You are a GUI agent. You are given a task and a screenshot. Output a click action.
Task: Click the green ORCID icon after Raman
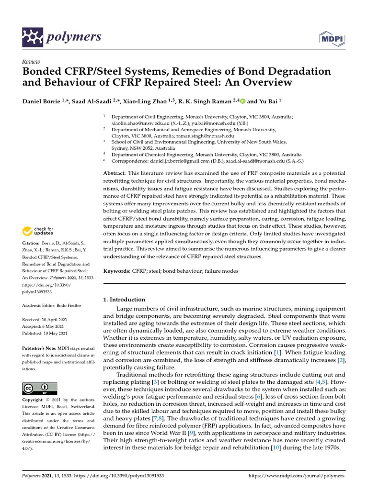point(242,101)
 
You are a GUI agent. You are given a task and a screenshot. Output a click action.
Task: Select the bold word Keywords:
point(117,271)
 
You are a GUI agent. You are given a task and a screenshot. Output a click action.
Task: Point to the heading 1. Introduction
point(125,300)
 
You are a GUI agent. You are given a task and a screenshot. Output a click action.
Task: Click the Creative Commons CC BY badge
point(40,388)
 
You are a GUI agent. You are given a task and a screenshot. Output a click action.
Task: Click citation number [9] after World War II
point(189,432)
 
